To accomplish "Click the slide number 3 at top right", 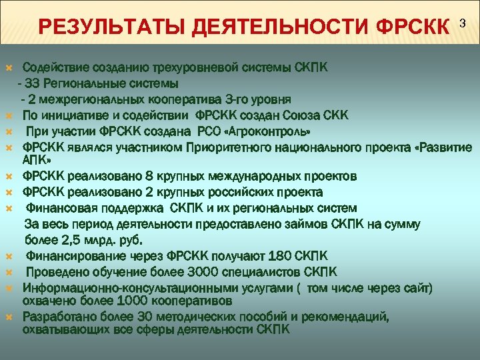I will click(464, 23).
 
